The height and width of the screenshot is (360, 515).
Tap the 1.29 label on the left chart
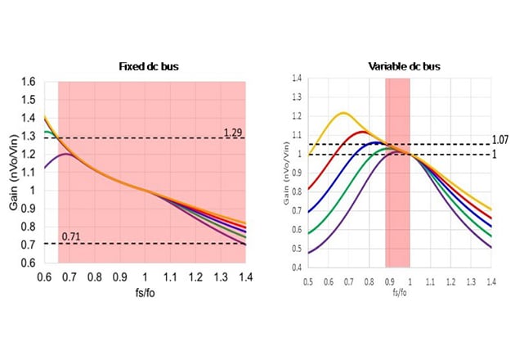point(233,131)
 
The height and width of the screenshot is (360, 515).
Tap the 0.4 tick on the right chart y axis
point(298,267)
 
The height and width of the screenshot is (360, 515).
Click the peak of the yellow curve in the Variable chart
point(343,113)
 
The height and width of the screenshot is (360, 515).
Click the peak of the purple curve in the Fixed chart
point(67,154)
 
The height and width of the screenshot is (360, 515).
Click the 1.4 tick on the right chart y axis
point(298,78)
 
